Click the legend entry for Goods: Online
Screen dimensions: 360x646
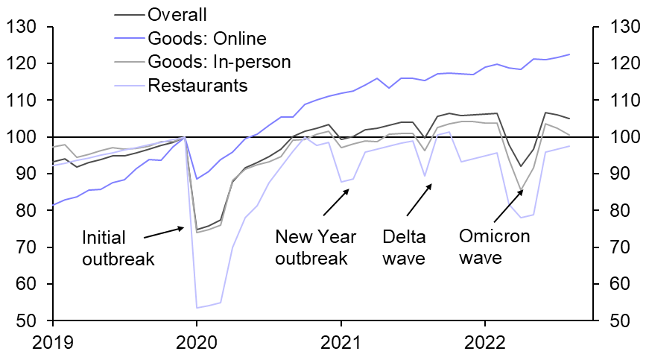coord(206,38)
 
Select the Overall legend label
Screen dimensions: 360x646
coord(178,15)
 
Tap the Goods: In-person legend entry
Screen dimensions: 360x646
coord(219,61)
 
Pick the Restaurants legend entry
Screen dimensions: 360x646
coord(197,85)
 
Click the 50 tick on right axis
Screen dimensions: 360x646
coord(619,321)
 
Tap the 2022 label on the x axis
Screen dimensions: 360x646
coord(485,344)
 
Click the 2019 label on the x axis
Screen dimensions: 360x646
coord(53,344)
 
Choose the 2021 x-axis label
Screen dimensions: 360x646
coord(341,344)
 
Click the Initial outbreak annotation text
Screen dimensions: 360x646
coord(118,248)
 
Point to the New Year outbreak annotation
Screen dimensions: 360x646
coord(316,248)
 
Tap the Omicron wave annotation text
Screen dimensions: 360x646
coord(494,247)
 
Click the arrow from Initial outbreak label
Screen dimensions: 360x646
coord(163,233)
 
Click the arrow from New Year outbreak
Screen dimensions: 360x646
coord(335,203)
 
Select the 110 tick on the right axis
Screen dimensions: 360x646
coord(619,101)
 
